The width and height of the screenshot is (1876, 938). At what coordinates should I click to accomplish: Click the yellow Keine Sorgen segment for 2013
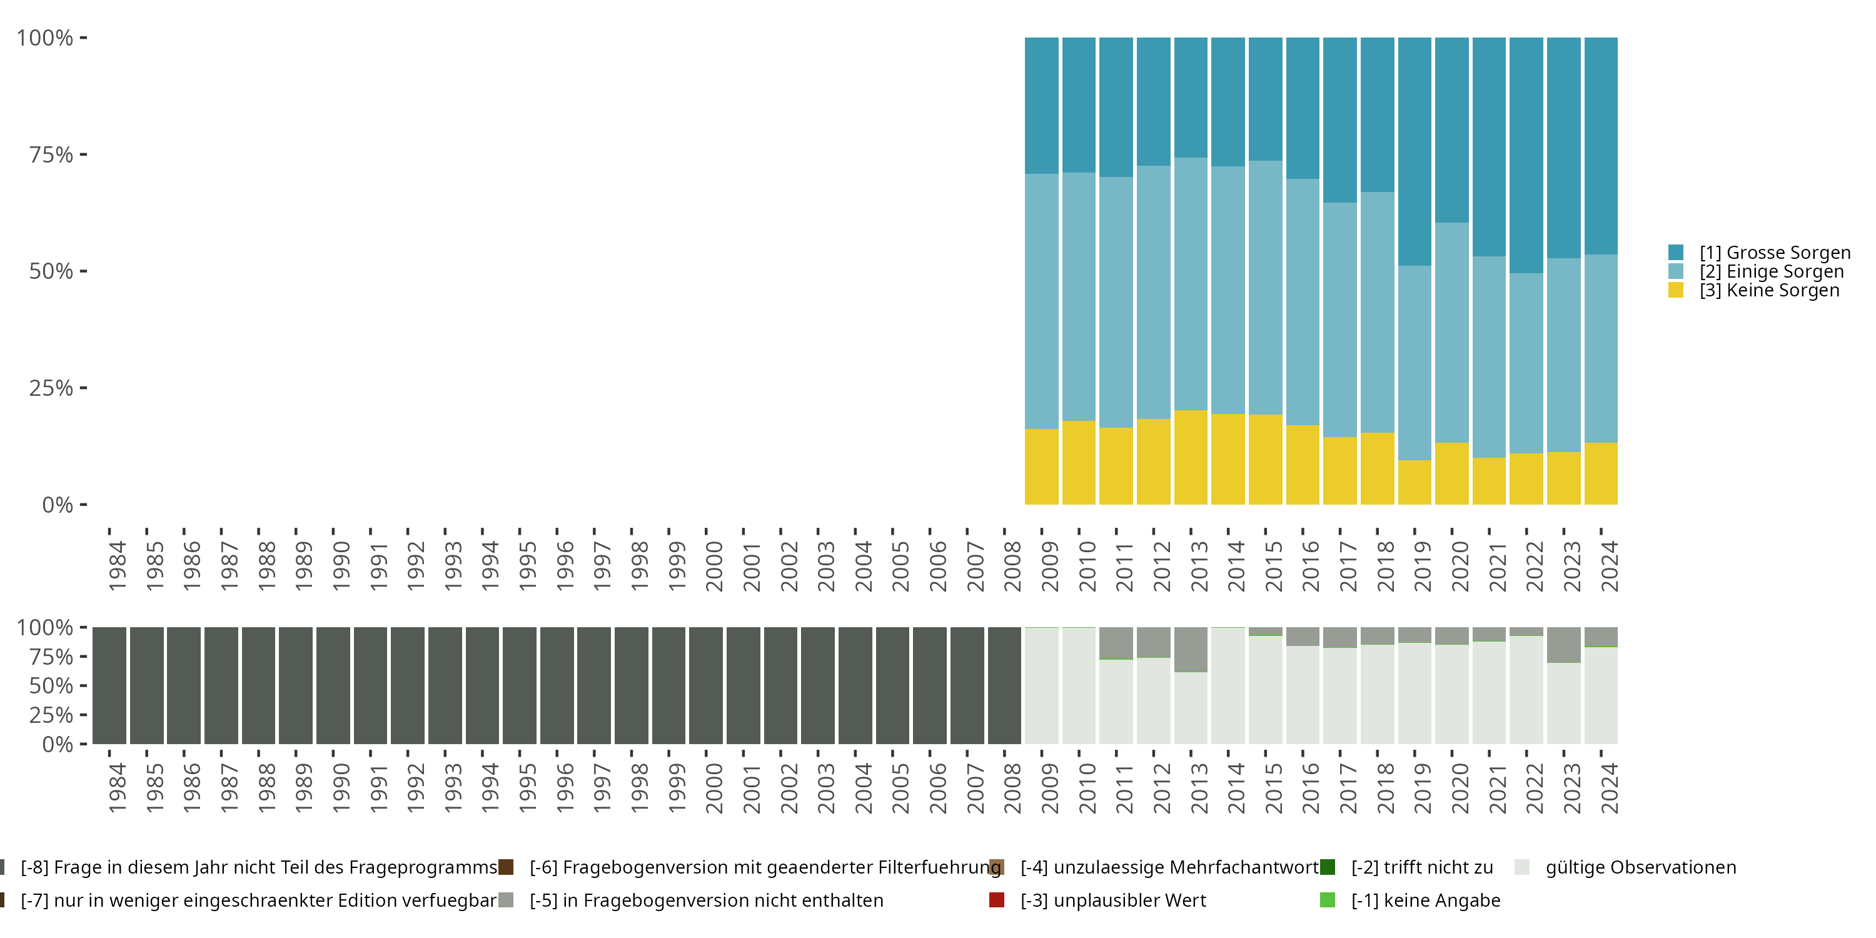1191,457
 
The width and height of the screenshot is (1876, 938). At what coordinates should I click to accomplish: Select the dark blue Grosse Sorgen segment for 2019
1415,151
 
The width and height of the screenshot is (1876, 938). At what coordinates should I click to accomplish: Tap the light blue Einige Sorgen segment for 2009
1041,301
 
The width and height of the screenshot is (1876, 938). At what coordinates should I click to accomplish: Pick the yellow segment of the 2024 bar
1601,473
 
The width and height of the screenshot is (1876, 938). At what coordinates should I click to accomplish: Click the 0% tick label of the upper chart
58,505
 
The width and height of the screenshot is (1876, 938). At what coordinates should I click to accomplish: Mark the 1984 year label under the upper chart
116,566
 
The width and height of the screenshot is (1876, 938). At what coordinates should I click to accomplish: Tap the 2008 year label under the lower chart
1012,788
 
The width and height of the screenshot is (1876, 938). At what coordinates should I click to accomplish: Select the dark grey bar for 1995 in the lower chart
519,685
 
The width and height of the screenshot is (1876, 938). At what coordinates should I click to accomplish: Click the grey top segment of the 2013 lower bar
1191,649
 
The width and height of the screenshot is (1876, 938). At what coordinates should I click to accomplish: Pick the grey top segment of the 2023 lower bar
1563,645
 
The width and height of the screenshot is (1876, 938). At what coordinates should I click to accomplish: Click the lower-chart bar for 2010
1079,685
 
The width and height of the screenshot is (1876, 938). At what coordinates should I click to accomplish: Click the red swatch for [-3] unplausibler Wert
997,900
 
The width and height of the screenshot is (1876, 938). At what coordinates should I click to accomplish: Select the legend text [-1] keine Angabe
1425,900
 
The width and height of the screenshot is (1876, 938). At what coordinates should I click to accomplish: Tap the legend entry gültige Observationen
1640,867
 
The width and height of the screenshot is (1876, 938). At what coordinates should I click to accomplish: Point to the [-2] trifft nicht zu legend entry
1421,867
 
